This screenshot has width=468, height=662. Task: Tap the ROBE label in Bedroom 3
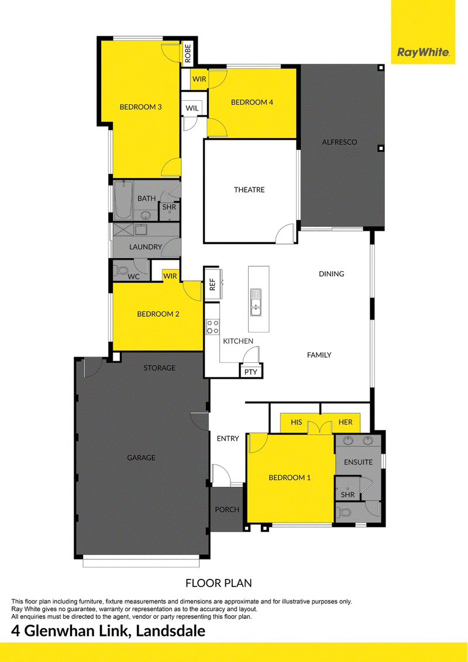pyautogui.click(x=188, y=54)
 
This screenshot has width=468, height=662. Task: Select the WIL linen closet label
pyautogui.click(x=192, y=108)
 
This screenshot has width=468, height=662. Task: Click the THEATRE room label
pyautogui.click(x=249, y=190)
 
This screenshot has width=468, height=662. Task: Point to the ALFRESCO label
pyautogui.click(x=339, y=142)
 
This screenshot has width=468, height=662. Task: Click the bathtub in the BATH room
pyautogui.click(x=123, y=200)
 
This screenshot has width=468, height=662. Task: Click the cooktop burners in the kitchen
pyautogui.click(x=212, y=327)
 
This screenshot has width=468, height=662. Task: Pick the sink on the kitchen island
pyautogui.click(x=256, y=302)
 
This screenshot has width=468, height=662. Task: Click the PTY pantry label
pyautogui.click(x=250, y=372)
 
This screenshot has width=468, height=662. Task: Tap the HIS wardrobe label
pyautogui.click(x=296, y=422)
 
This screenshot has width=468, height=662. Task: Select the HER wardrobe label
pyautogui.click(x=345, y=422)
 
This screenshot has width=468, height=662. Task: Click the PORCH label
pyautogui.click(x=227, y=510)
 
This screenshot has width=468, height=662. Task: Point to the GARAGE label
pyautogui.click(x=142, y=458)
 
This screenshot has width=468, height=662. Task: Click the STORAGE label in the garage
pyautogui.click(x=160, y=368)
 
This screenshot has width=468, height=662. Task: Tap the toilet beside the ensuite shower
pyautogui.click(x=345, y=513)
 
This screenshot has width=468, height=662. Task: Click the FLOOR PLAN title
pyautogui.click(x=219, y=584)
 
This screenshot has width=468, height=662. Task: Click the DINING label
pyautogui.click(x=331, y=274)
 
